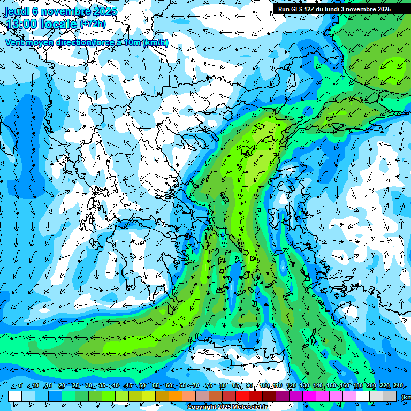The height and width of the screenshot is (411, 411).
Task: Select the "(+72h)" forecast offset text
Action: tap(93, 24)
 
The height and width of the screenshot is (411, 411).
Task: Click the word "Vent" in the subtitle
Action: tap(16, 42)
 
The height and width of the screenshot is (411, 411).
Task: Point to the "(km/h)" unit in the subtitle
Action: tap(156, 42)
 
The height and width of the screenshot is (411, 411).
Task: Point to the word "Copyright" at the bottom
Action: tap(201, 407)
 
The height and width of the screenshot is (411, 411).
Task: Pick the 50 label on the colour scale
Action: tap(142, 386)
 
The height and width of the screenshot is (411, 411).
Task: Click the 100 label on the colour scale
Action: tap(264, 386)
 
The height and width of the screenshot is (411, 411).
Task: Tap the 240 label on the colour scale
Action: tap(398, 386)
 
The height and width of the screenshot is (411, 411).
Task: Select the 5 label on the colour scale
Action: tap(20, 386)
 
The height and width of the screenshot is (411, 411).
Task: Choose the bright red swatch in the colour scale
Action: tap(242, 397)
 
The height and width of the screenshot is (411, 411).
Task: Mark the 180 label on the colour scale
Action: tap(357, 386)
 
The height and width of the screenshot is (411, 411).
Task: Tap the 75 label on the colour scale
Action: tap(209, 386)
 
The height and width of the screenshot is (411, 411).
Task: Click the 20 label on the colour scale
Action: tap(62, 386)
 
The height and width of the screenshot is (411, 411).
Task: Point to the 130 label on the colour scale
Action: tap(304, 386)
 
